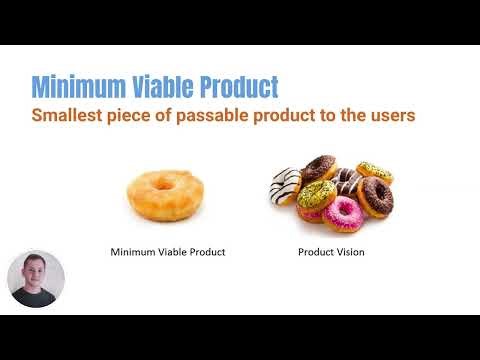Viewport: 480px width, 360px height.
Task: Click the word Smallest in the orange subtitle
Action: coord(69,115)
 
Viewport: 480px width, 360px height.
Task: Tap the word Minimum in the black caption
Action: coord(131,252)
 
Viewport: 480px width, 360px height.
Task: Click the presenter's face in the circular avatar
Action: coord(35,272)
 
